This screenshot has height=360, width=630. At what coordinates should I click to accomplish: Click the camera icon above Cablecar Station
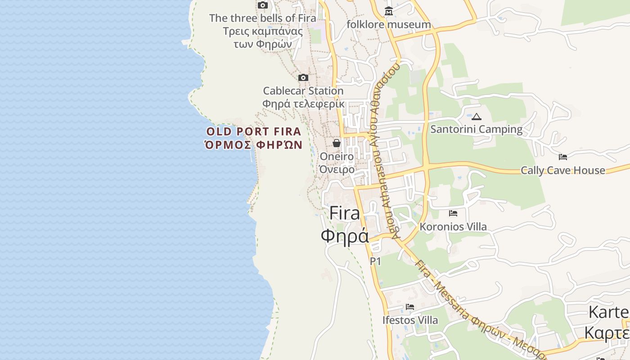pos(303,78)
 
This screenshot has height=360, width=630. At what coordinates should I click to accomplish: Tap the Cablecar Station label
pos(303,91)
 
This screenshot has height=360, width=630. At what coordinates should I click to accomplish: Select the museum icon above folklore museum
pos(389,11)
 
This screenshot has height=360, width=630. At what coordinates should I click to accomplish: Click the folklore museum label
pos(389,24)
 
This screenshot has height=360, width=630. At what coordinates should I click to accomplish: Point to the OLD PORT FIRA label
pos(254,132)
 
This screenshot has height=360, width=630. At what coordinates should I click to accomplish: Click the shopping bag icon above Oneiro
pos(337,143)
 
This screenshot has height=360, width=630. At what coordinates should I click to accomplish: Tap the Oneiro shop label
pos(337,156)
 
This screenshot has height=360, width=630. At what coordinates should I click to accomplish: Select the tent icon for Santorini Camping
pos(477,117)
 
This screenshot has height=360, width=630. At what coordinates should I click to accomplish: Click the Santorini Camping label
pos(477,130)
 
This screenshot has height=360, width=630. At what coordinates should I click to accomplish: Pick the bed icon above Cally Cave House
pos(563,157)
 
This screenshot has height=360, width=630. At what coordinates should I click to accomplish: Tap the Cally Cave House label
pos(563,171)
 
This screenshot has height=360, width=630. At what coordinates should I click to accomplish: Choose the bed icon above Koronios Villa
pos(453,213)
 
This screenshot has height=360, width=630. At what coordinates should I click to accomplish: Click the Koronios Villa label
pos(453,227)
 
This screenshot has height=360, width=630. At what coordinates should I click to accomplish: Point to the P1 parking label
pos(375,261)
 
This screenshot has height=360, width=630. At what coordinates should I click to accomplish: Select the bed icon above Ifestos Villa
pos(410,307)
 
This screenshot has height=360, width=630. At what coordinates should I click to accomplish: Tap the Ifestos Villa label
pos(410,320)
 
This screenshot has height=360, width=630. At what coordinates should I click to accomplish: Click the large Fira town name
pos(345,213)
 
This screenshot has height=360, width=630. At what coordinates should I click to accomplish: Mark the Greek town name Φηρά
pos(345,235)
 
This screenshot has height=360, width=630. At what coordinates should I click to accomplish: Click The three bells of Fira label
pos(263,18)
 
